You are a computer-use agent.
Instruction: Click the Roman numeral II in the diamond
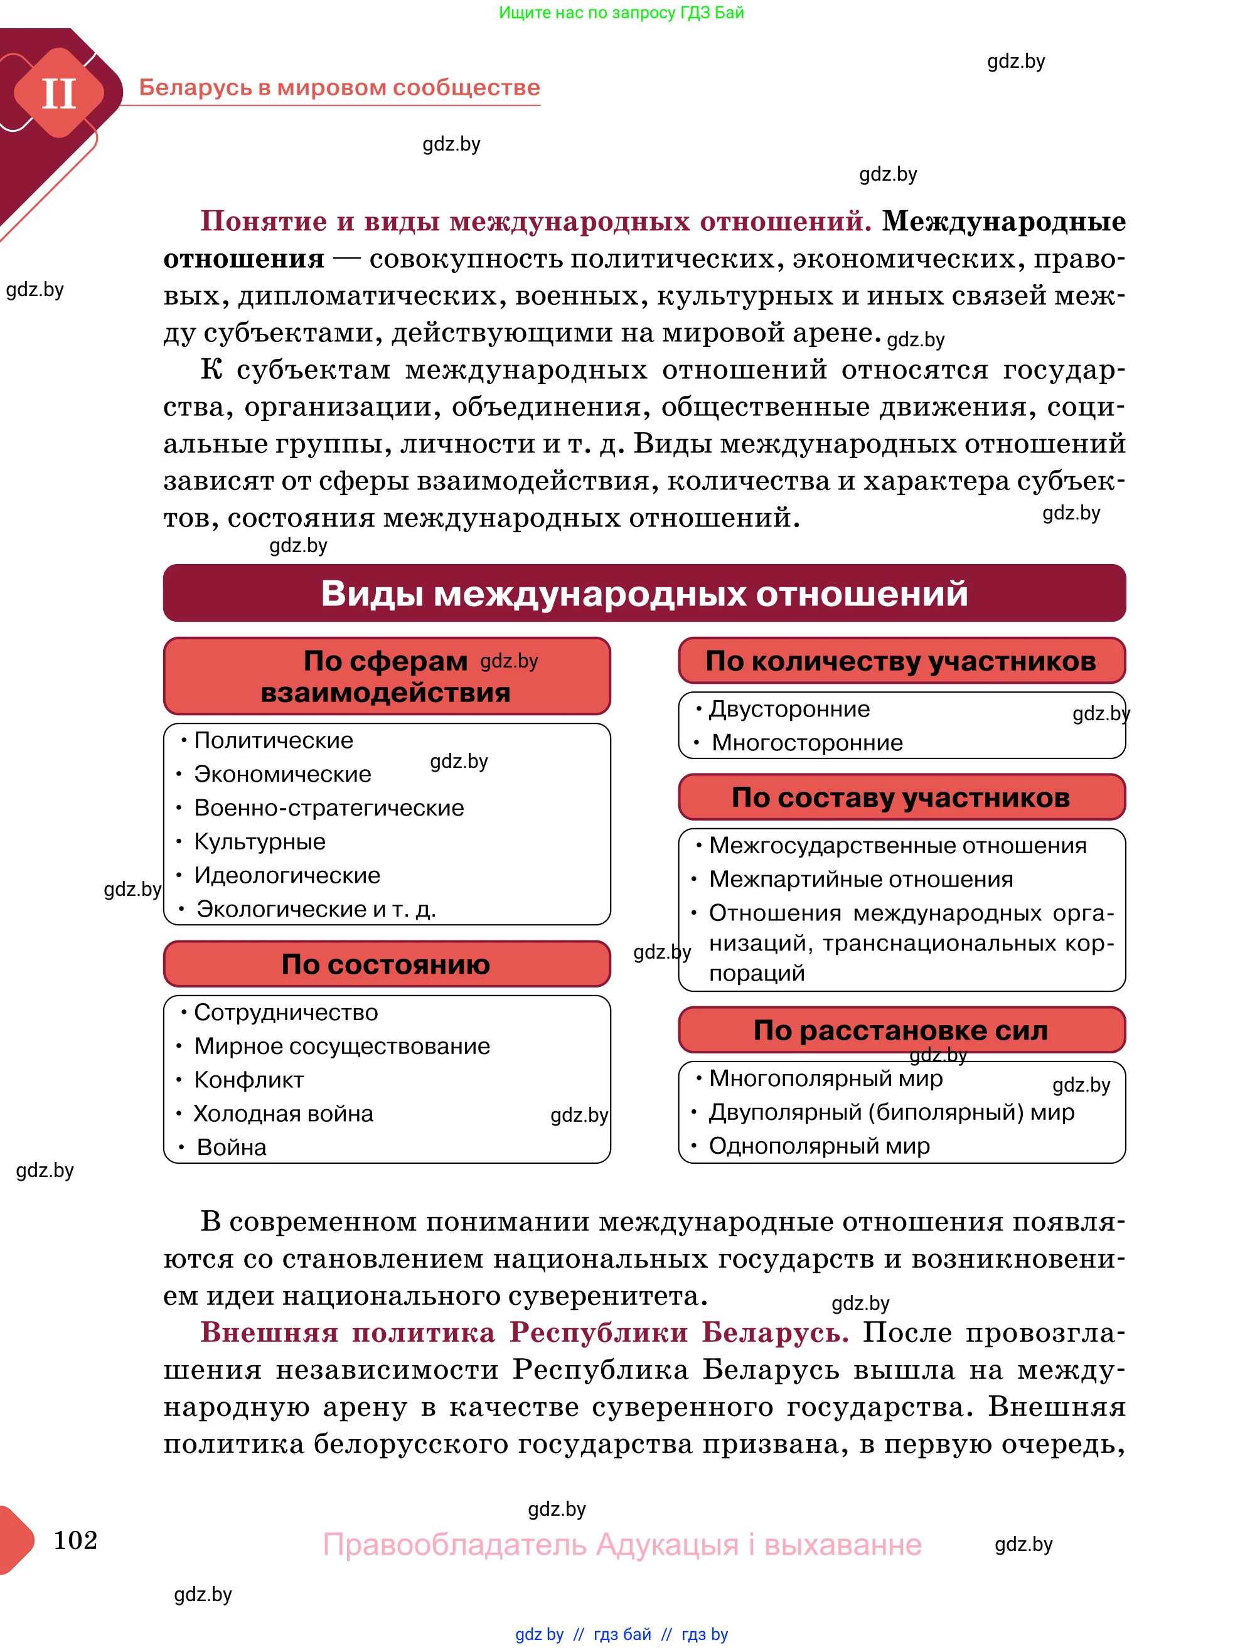[58, 94]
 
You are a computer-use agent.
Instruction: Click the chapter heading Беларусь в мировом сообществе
[339, 87]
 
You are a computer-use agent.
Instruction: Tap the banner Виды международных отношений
[644, 593]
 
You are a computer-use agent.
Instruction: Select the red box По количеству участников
[901, 661]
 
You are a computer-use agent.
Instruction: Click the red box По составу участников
[901, 797]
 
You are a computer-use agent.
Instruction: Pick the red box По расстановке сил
[901, 1030]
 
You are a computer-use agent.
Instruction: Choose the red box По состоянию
[386, 964]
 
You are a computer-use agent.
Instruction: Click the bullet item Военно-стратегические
[329, 808]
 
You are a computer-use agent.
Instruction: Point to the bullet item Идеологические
[287, 875]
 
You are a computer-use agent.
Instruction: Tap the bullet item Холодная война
[284, 1114]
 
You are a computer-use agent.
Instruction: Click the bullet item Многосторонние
[807, 743]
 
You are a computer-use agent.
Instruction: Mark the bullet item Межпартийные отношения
[861, 880]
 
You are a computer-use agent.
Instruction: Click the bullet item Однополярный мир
[819, 1146]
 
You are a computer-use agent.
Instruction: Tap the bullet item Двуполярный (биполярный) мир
[892, 1112]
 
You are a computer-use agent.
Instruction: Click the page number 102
[75, 1540]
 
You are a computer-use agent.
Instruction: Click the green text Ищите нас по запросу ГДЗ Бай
[621, 13]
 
